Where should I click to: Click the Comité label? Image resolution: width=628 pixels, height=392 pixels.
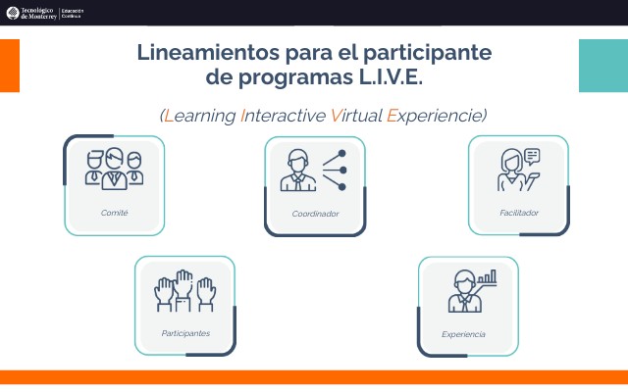(114, 213)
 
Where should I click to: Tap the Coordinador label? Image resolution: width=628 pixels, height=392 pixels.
(315, 214)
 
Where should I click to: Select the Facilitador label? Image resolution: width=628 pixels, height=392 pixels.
(518, 213)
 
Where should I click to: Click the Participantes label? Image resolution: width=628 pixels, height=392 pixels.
(185, 333)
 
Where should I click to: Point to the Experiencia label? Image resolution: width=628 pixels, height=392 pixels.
(463, 334)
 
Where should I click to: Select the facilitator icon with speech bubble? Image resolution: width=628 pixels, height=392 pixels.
(518, 170)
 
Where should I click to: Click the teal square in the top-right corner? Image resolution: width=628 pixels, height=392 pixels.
(602, 65)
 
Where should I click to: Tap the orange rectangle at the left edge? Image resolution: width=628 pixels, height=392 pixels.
(9, 66)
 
